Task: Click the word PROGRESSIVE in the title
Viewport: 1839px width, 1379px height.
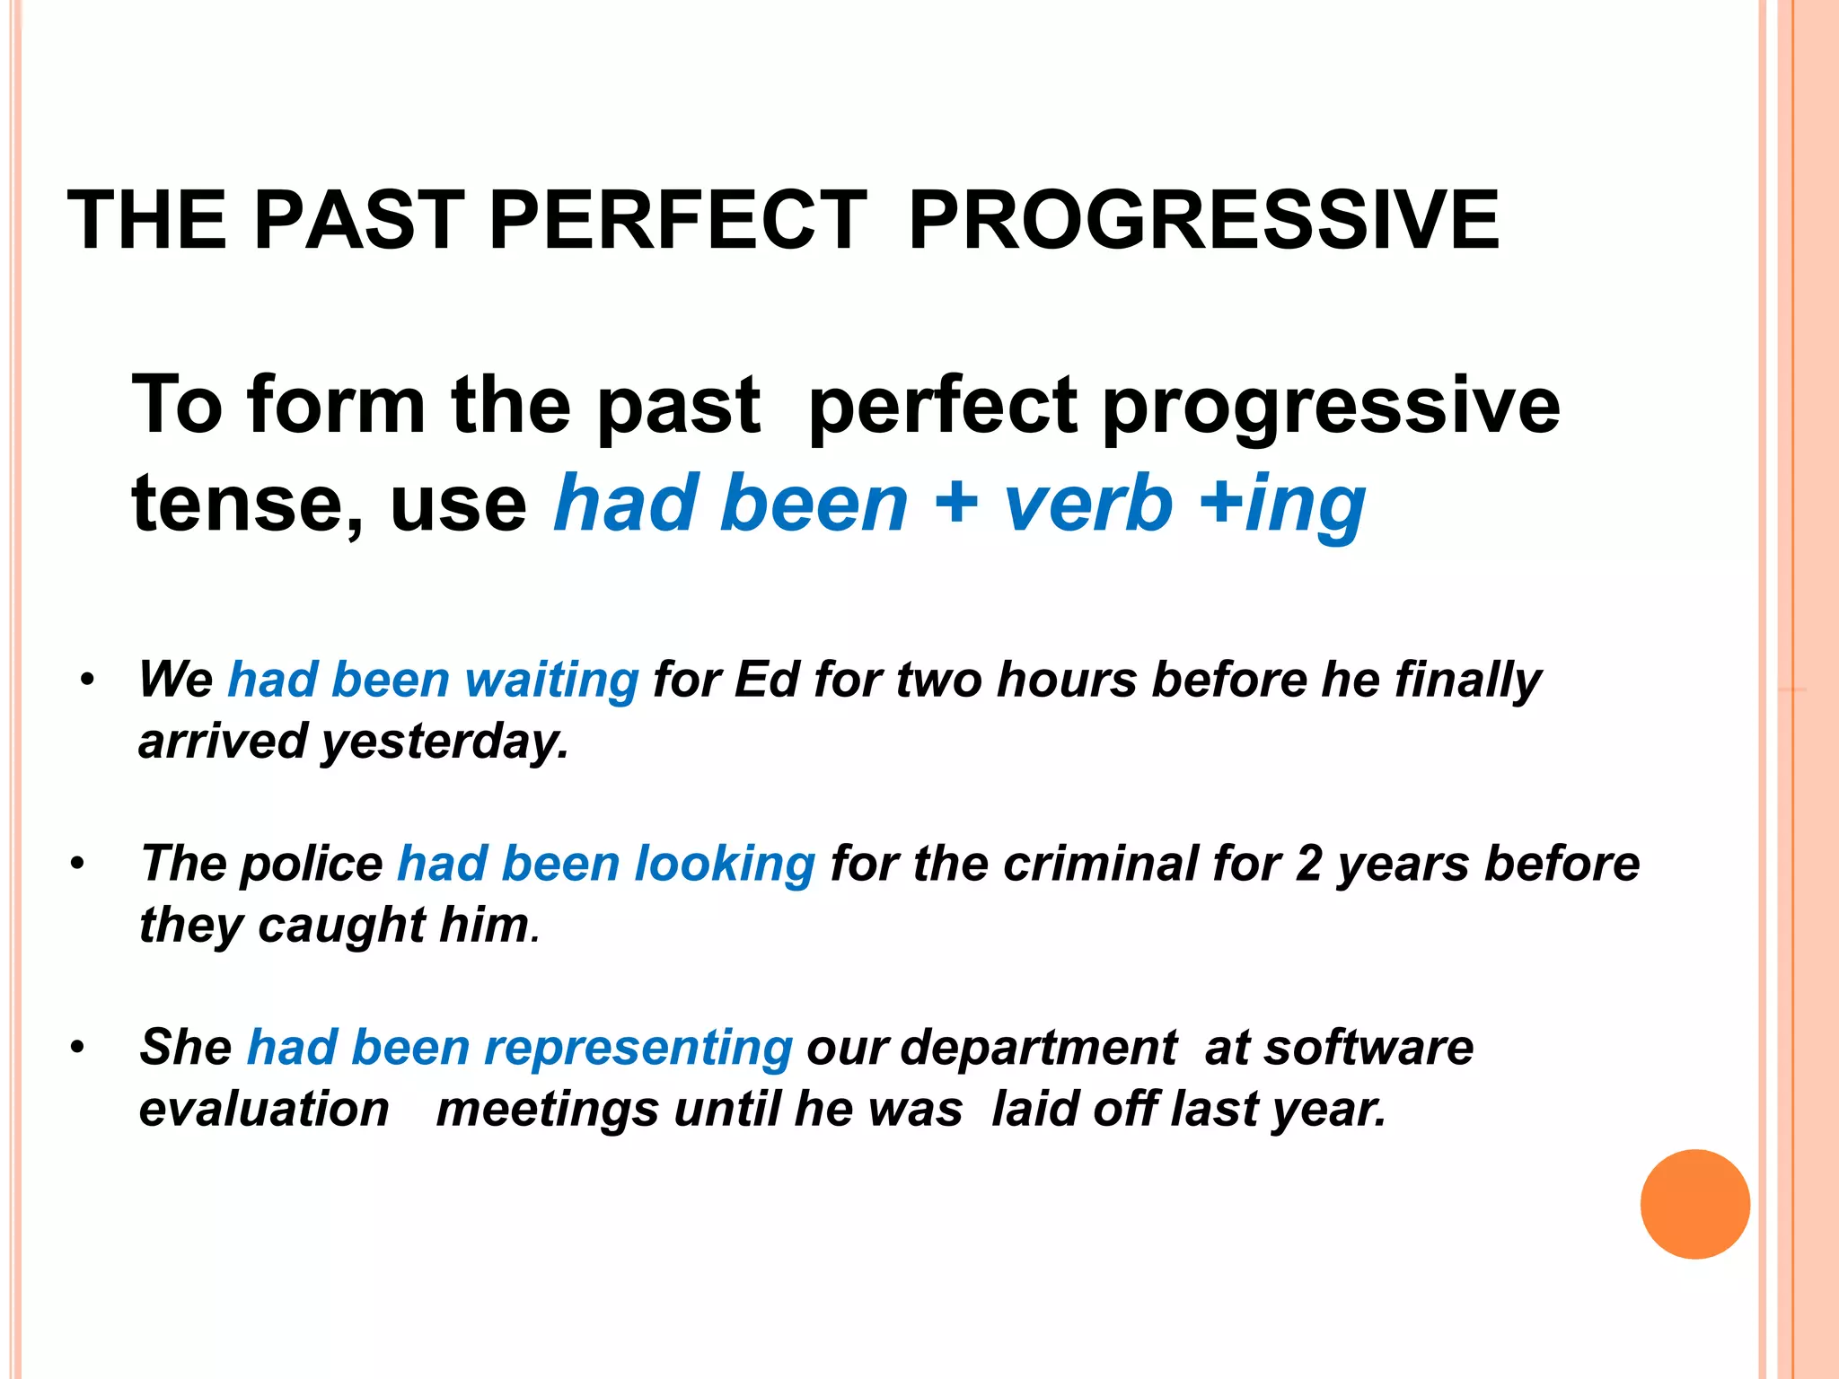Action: (x=1203, y=221)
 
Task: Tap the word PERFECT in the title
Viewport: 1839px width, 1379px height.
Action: (x=678, y=221)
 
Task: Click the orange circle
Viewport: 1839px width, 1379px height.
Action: (x=1694, y=1204)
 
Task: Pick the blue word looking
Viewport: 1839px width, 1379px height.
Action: (x=724, y=864)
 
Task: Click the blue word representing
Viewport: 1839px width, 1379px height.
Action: (x=638, y=1048)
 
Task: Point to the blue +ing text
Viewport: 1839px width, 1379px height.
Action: (x=1283, y=505)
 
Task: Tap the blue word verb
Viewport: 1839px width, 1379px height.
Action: (x=1087, y=503)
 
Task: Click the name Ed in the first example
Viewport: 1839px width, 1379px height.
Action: (x=766, y=680)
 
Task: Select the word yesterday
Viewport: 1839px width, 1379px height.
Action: (x=445, y=742)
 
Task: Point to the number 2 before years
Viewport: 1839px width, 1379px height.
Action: (x=1309, y=864)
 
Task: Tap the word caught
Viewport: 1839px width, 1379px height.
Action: (x=341, y=925)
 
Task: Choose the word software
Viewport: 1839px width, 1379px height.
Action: (x=1368, y=1048)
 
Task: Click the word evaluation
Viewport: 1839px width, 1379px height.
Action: (x=264, y=1109)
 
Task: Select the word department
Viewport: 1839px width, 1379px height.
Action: (x=1038, y=1048)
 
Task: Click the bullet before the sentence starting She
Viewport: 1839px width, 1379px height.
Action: (x=78, y=1047)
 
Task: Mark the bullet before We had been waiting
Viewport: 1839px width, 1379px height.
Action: (x=87, y=680)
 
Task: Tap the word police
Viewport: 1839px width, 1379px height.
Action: (x=311, y=864)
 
